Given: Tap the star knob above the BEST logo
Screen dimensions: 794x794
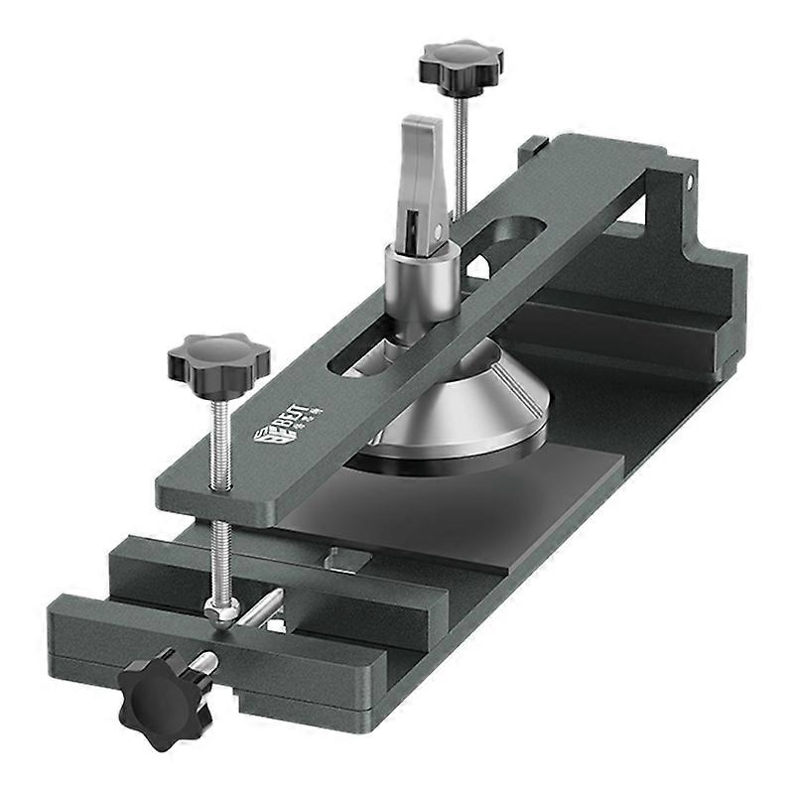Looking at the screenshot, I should click(218, 356).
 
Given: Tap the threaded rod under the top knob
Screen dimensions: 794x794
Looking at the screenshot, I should click(461, 149).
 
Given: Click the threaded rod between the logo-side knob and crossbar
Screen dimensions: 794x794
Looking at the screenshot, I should click(221, 437).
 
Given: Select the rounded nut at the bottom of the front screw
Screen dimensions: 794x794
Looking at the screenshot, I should click(220, 610).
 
